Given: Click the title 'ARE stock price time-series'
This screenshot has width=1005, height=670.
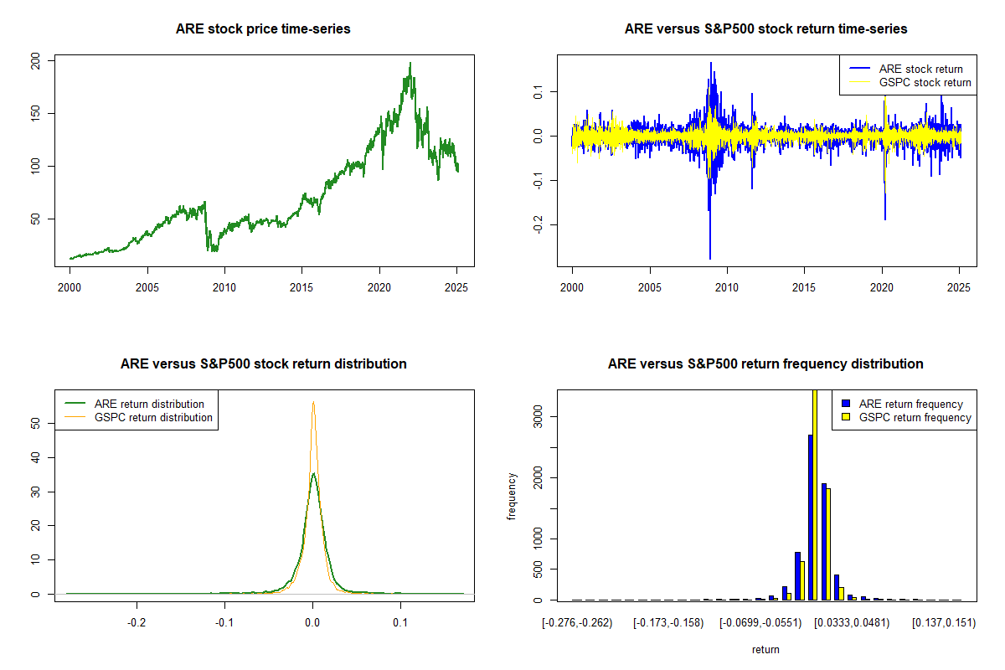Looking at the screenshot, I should (x=263, y=29).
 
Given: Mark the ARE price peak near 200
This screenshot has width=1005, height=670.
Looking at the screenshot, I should (x=410, y=63).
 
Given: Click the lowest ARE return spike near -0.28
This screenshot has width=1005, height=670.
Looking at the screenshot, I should (x=710, y=258).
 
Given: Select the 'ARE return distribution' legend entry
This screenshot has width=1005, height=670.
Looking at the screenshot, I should (x=149, y=404).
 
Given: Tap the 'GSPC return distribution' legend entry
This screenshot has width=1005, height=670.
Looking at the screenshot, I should (x=153, y=417).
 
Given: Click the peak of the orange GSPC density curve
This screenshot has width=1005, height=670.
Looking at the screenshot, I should (x=313, y=402).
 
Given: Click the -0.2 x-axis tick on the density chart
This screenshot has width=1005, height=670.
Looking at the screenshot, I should (x=136, y=623).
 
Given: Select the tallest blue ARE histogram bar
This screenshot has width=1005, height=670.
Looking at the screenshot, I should (x=811, y=517).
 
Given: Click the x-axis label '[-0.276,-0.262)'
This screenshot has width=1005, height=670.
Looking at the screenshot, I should (x=577, y=623).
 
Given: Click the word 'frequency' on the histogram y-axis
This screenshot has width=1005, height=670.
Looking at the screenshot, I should (x=512, y=496).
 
